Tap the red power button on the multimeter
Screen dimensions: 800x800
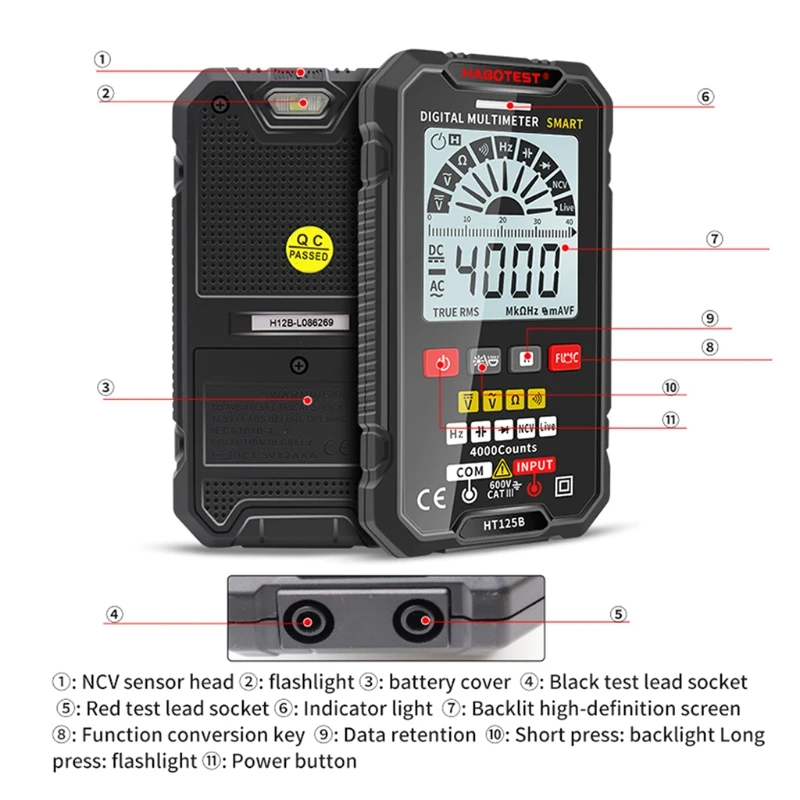tap(441, 361)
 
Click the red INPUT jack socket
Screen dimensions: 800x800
tap(535, 487)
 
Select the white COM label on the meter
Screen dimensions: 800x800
tap(469, 470)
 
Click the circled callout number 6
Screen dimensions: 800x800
tap(706, 98)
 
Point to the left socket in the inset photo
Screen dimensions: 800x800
tap(303, 622)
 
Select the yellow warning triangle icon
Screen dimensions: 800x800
tap(503, 468)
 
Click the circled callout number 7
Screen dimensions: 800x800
tap(714, 239)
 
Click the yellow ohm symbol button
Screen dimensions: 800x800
tap(514, 401)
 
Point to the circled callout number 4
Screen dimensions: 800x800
tap(116, 614)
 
